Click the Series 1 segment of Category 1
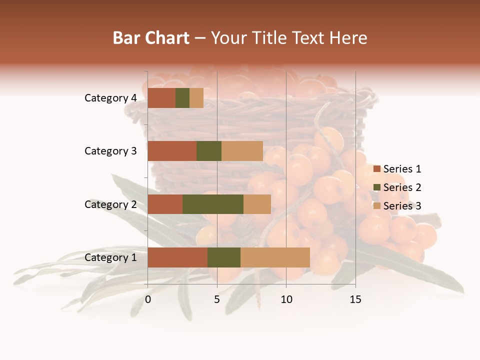[177, 257]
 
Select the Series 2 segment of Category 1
[224, 257]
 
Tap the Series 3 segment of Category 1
[275, 257]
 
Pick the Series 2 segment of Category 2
[213, 204]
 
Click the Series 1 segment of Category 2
[165, 204]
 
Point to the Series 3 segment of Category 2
[257, 204]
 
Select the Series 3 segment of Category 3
[242, 151]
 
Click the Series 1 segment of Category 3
[172, 151]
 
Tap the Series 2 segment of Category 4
[182, 98]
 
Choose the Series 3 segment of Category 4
[196, 98]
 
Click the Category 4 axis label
[110, 98]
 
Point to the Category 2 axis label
[110, 204]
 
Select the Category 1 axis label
[110, 257]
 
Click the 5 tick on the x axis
[217, 299]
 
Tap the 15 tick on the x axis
[355, 299]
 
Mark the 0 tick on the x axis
[148, 299]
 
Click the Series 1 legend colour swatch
[376, 169]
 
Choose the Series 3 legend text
[402, 206]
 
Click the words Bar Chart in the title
[151, 37]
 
